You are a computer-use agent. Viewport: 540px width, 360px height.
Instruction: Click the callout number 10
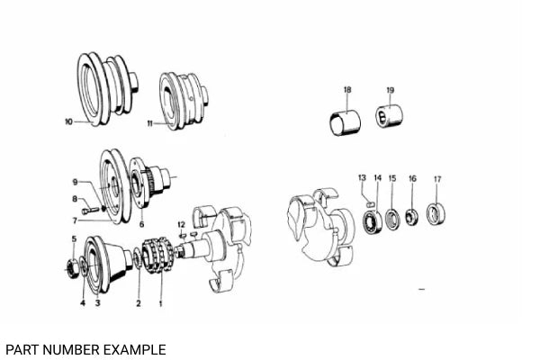[x=67, y=121]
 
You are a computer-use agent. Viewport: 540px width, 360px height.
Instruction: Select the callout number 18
[x=347, y=90]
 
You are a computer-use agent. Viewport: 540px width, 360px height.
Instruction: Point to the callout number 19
[x=390, y=90]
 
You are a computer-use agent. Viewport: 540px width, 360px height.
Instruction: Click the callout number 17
[x=437, y=179]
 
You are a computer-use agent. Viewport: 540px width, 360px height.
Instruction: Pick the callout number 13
[x=362, y=177]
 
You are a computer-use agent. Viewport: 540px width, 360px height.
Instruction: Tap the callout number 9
[x=76, y=182]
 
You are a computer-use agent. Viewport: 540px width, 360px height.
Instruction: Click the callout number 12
[x=181, y=223]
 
